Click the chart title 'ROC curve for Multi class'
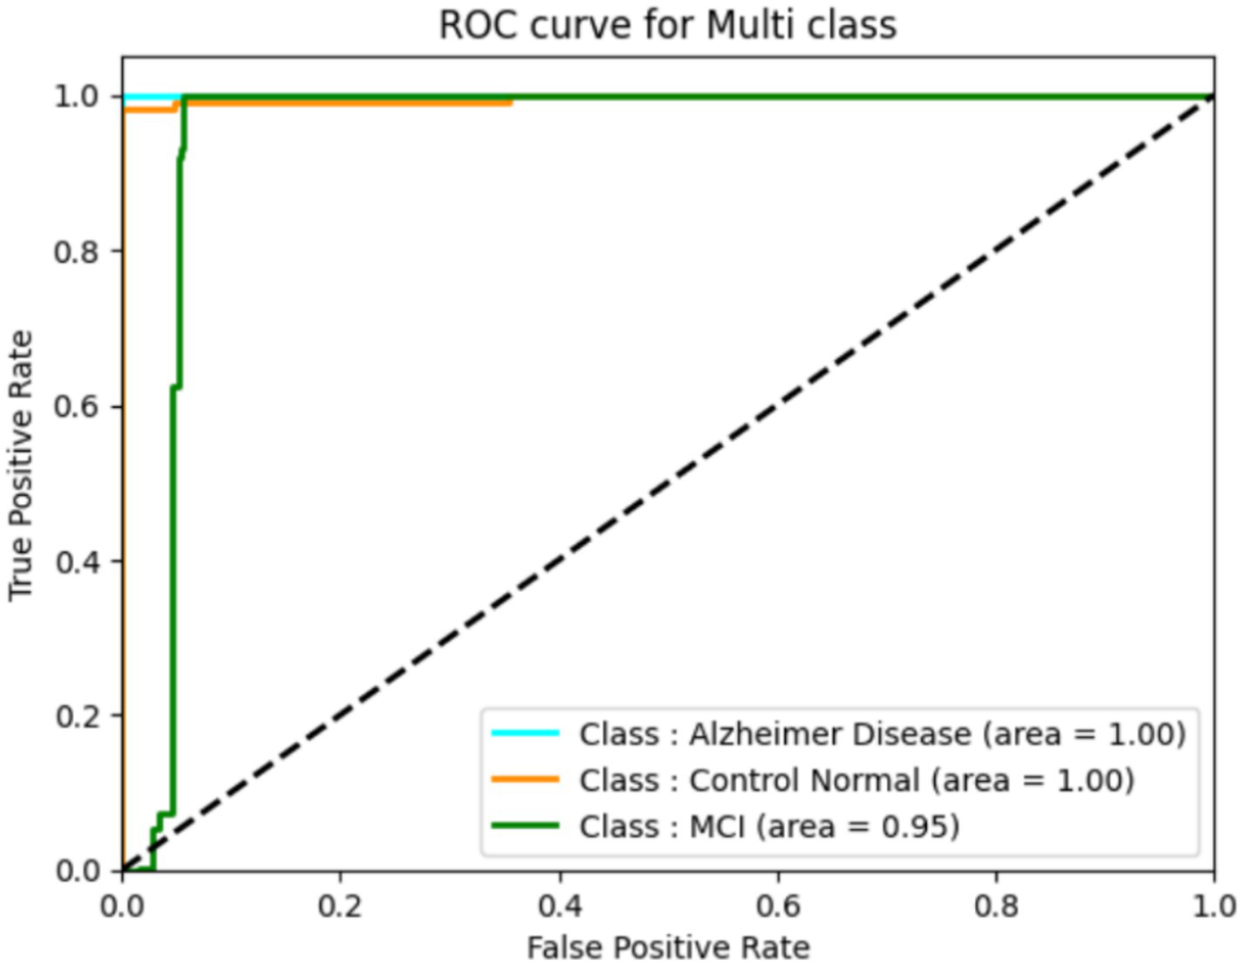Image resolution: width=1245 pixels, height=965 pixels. (667, 24)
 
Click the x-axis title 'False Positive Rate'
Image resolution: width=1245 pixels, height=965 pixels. (667, 947)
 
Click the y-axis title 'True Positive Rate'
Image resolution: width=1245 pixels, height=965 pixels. (21, 465)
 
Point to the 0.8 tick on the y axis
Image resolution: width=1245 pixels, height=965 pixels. (76, 252)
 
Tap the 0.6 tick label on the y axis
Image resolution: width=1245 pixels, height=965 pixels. (76, 407)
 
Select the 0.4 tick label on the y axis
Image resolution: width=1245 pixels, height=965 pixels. (76, 561)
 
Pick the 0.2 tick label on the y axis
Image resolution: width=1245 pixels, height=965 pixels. (76, 717)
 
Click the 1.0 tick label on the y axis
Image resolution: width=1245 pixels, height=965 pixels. (76, 97)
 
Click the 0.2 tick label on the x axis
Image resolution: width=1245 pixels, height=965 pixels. (340, 906)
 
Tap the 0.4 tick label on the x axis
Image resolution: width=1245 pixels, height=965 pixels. (559, 906)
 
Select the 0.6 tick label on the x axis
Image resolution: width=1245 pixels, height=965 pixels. (778, 906)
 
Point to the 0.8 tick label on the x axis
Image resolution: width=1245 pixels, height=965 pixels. (997, 906)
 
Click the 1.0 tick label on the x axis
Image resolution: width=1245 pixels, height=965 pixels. (1214, 906)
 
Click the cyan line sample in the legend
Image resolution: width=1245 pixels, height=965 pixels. (524, 733)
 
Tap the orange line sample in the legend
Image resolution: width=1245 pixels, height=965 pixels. (524, 779)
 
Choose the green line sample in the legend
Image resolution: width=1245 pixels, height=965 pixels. (524, 826)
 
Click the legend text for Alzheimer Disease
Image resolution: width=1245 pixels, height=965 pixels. (882, 734)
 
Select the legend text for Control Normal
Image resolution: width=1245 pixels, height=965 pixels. (856, 780)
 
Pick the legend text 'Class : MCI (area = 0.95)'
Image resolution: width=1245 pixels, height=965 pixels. (769, 826)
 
